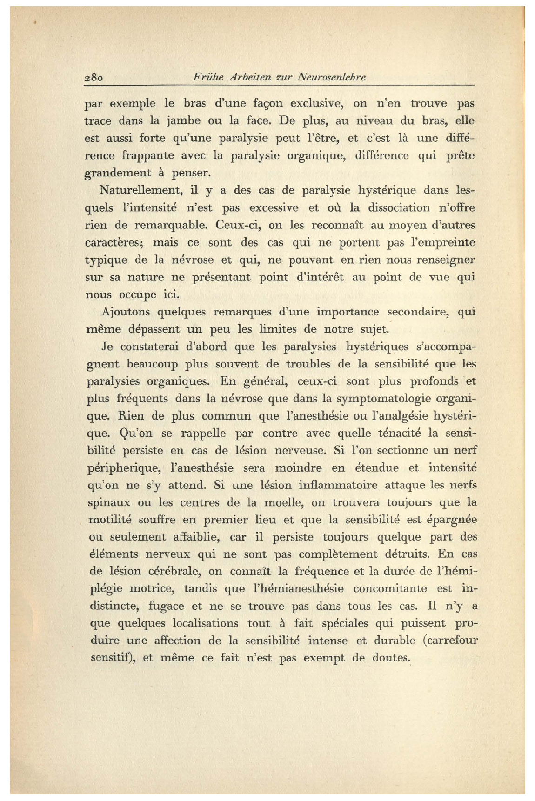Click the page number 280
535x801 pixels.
click(94, 78)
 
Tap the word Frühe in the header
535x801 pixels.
click(208, 77)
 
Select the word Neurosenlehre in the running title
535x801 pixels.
click(331, 77)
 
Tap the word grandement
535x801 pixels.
click(118, 173)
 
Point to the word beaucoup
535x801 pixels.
click(152, 364)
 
